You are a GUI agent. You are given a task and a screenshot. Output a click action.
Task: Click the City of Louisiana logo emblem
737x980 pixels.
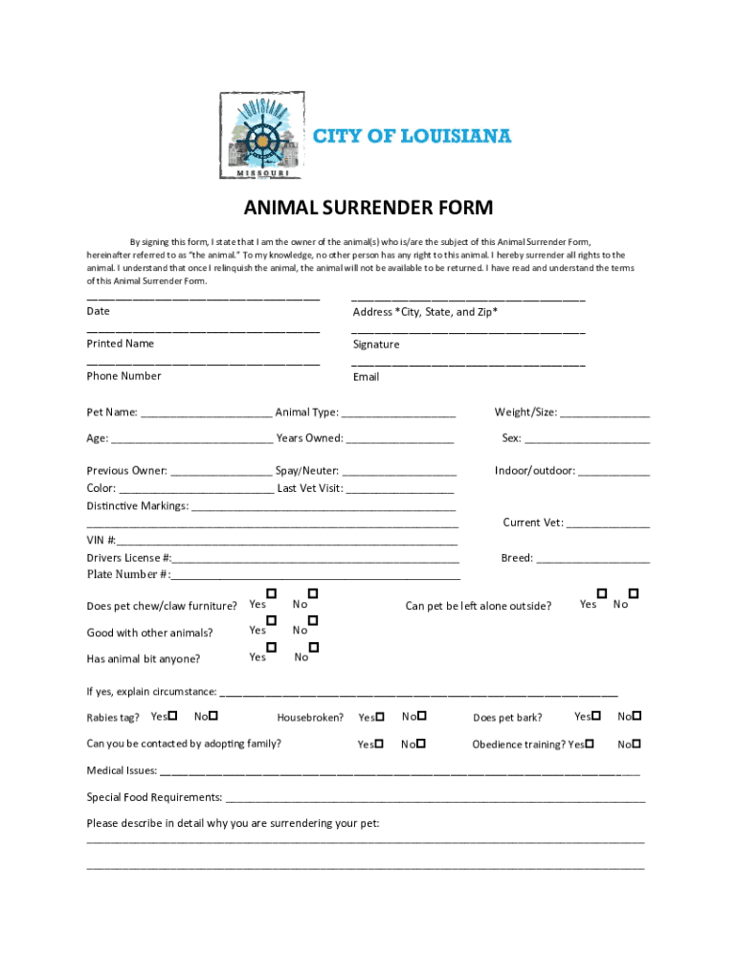click(261, 135)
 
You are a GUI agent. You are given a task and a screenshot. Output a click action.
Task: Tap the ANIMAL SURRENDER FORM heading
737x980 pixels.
click(368, 208)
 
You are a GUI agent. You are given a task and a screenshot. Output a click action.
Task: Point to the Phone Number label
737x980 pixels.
click(123, 376)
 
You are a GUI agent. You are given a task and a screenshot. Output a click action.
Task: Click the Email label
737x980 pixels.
click(366, 377)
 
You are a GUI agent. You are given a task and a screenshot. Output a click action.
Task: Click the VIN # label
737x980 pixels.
click(101, 541)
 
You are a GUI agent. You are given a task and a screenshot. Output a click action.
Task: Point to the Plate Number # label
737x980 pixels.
click(128, 574)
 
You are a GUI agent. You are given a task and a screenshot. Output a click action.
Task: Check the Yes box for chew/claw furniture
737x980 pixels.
click(272, 594)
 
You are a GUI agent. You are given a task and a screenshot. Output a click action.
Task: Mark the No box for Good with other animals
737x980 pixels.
click(313, 620)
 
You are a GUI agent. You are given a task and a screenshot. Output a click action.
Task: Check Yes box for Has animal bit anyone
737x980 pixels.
click(272, 648)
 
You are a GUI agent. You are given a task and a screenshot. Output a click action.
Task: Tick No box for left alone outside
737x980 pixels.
click(634, 594)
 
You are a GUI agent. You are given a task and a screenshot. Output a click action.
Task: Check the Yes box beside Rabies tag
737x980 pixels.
click(172, 716)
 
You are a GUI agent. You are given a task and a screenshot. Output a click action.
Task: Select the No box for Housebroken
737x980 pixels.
click(421, 716)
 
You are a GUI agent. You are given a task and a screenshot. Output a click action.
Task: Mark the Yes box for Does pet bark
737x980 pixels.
click(596, 716)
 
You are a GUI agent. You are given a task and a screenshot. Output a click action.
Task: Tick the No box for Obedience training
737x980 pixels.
click(636, 743)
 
